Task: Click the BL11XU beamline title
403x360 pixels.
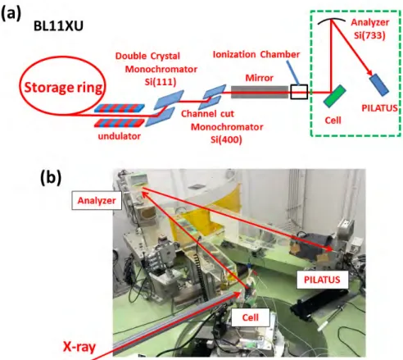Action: pos(58,26)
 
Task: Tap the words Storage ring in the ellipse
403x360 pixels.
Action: pos(63,88)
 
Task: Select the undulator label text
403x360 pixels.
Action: pos(120,136)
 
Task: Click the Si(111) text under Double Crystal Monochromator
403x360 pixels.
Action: pos(161,82)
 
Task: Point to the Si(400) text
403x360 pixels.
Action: pos(226,139)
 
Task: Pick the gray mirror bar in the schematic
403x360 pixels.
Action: pos(260,92)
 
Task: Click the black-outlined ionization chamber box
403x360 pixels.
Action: pos(299,92)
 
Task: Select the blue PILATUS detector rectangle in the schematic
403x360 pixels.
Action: pos(379,84)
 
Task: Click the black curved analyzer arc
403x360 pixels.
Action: pos(332,20)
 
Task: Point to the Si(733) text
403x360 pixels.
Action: pos(369,35)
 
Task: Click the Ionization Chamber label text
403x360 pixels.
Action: pos(256,54)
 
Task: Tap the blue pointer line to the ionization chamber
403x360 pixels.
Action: pos(293,72)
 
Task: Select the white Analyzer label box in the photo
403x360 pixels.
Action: pos(97,201)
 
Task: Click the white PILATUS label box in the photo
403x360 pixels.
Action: pos(322,280)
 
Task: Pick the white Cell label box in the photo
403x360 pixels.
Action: pos(251,317)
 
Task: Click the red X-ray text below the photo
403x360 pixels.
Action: pos(79,346)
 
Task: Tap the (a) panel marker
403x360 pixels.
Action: pos(11,14)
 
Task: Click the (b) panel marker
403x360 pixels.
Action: pos(51,178)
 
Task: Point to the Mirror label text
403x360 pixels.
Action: pos(260,78)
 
